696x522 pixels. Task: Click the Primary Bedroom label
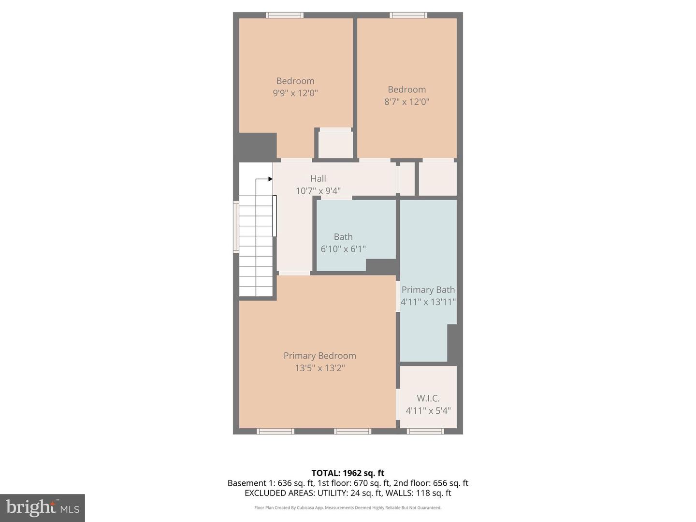tap(319, 356)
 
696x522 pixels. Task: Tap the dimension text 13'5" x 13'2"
tap(319, 368)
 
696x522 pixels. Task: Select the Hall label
tap(318, 179)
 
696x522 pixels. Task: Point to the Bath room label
tap(343, 237)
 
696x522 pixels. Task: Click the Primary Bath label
tap(428, 290)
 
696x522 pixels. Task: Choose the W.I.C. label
tap(428, 398)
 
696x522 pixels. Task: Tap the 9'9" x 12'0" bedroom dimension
tap(295, 93)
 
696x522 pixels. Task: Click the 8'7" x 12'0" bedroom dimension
tap(407, 102)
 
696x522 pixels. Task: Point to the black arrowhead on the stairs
tap(270, 179)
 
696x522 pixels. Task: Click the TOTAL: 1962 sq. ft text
tap(348, 473)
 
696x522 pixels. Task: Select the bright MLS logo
tap(43, 507)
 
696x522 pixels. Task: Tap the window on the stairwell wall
tap(236, 227)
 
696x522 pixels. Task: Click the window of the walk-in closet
tap(425, 431)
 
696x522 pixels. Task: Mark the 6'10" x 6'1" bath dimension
tap(343, 249)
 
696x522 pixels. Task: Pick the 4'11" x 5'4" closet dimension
tap(428, 411)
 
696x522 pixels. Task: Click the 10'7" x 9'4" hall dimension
tap(318, 191)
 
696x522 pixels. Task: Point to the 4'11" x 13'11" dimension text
tap(428, 302)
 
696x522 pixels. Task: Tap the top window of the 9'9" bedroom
tap(285, 15)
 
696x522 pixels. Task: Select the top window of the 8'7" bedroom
tap(409, 15)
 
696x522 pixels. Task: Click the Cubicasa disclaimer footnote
tap(348, 508)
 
